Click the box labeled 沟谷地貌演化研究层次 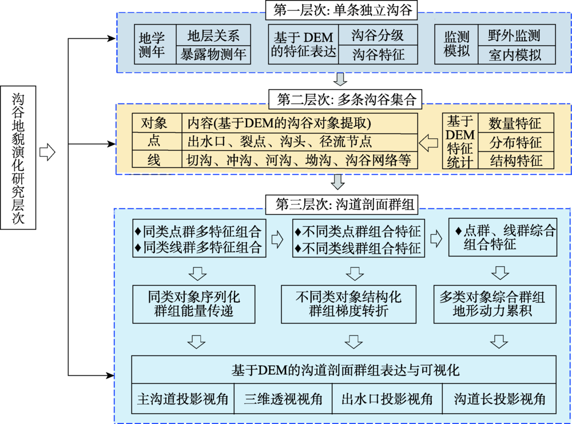pyautogui.click(x=18, y=158)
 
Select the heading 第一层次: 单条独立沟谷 pyautogui.click(x=341, y=10)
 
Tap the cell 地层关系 pyautogui.click(x=213, y=35)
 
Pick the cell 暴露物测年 pyautogui.click(x=213, y=55)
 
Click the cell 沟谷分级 pyautogui.click(x=378, y=35)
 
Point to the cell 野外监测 pyautogui.click(x=517, y=35)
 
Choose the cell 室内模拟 pyautogui.click(x=517, y=55)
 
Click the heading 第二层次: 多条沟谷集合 pyautogui.click(x=345, y=99)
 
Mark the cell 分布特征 pyautogui.click(x=516, y=142)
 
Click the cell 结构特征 pyautogui.click(x=516, y=161)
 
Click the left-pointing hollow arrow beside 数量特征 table pyautogui.click(x=428, y=143)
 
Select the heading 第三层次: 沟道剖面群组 pyautogui.click(x=341, y=205)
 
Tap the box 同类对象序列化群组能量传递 pyautogui.click(x=194, y=304)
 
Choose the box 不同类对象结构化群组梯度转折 pyautogui.click(x=348, y=304)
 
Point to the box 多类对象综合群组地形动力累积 pyautogui.click(x=495, y=304)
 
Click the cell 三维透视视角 pyautogui.click(x=283, y=399)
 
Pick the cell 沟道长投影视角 pyautogui.click(x=499, y=399)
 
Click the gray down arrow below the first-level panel pyautogui.click(x=340, y=79)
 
